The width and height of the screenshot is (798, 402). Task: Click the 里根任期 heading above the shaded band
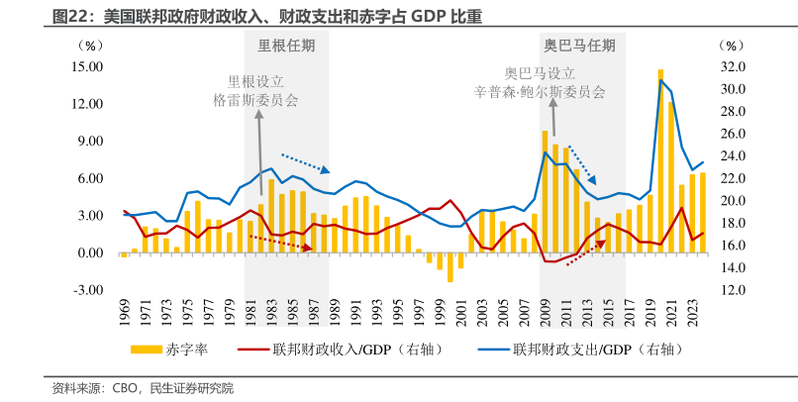click(287, 46)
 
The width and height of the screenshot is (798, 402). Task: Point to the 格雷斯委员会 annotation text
click(255, 100)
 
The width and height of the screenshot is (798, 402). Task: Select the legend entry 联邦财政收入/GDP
click(337, 350)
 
